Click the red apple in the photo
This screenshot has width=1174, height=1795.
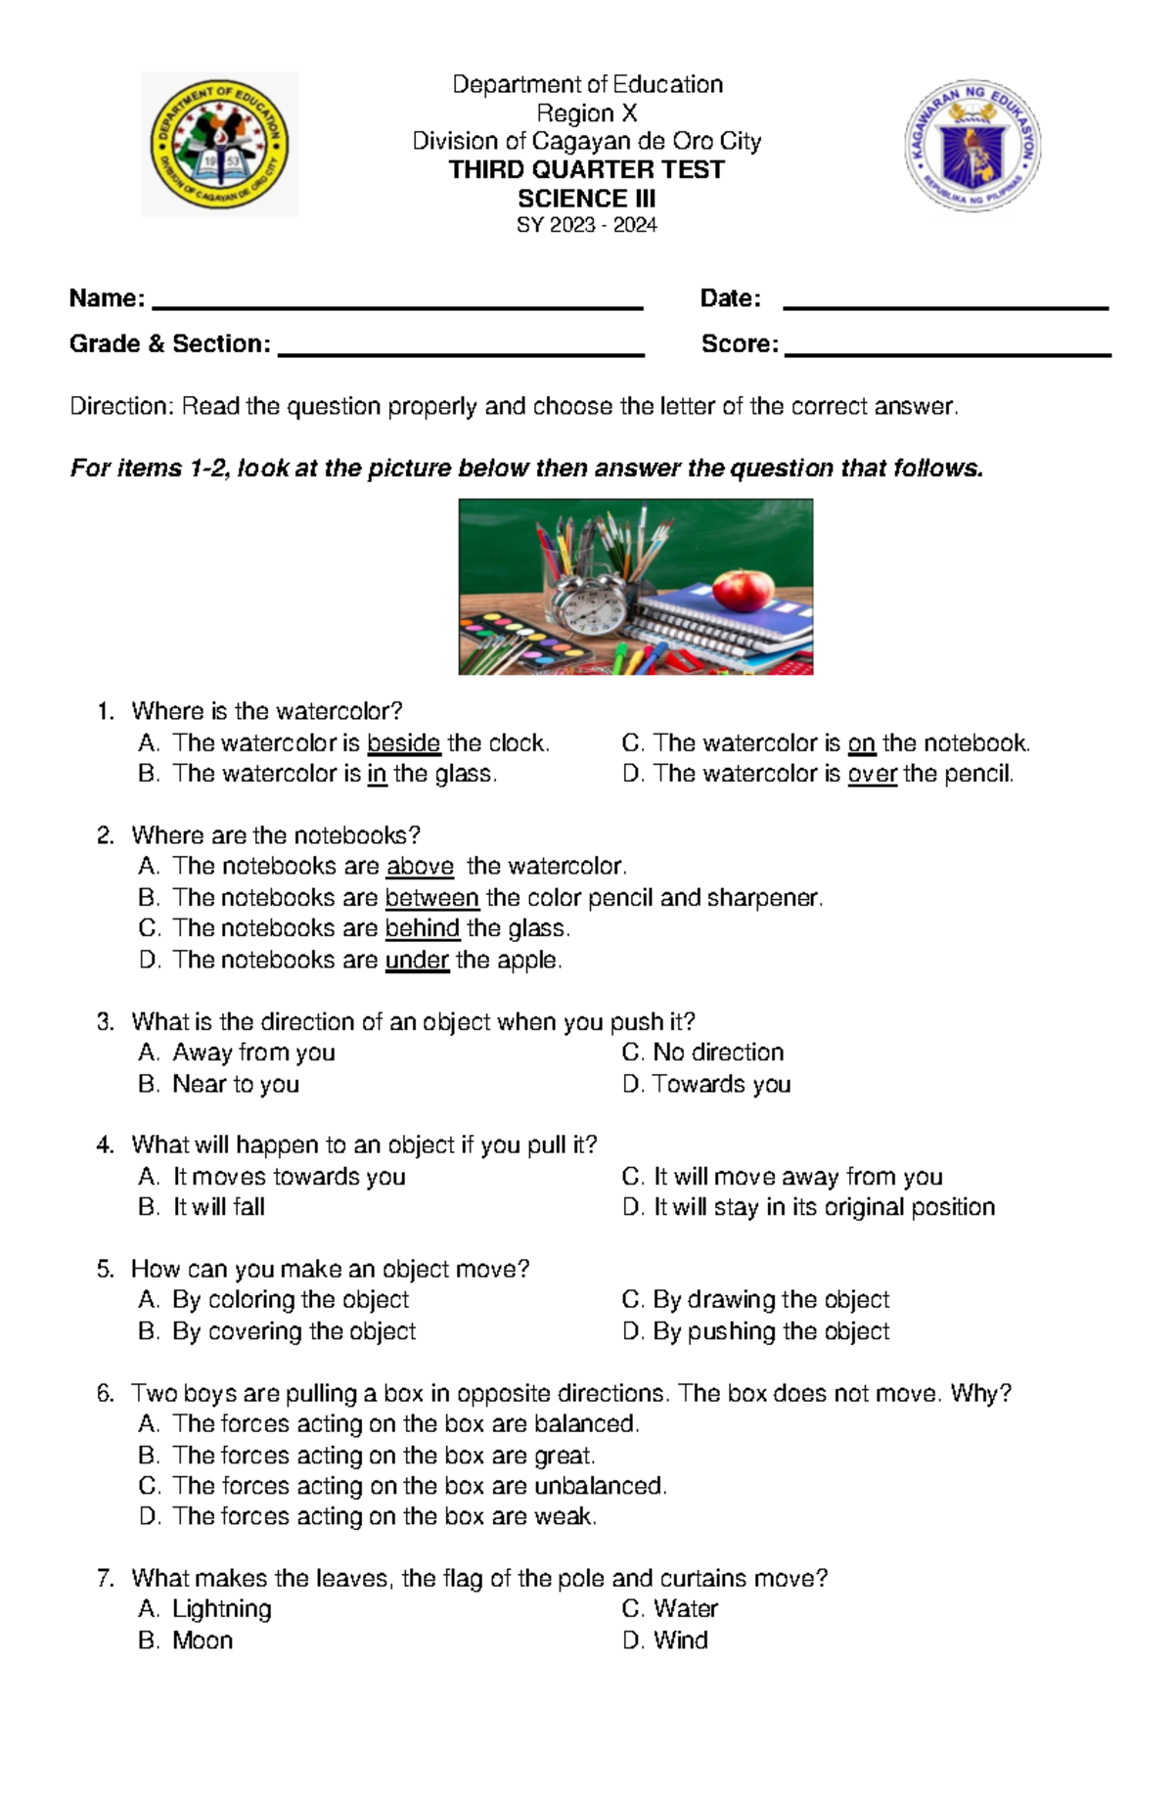[743, 590]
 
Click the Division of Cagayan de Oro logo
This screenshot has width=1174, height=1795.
[219, 145]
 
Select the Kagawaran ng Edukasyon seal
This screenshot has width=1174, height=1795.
[972, 147]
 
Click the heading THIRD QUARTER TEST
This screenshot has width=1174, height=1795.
[586, 170]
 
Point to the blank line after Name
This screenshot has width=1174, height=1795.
[397, 307]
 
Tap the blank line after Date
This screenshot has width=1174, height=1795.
[945, 308]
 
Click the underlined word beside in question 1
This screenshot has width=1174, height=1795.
[403, 743]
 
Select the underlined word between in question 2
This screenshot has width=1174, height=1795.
[431, 898]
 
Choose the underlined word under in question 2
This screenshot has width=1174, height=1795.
[417, 961]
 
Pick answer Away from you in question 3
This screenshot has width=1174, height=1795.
[253, 1053]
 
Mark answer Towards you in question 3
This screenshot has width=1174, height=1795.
[721, 1084]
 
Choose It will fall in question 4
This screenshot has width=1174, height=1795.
[219, 1207]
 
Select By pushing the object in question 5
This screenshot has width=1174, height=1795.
[771, 1331]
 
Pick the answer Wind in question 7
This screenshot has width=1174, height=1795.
[680, 1640]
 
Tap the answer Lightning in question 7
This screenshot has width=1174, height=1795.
[222, 1609]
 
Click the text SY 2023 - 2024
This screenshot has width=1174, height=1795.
[586, 226]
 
